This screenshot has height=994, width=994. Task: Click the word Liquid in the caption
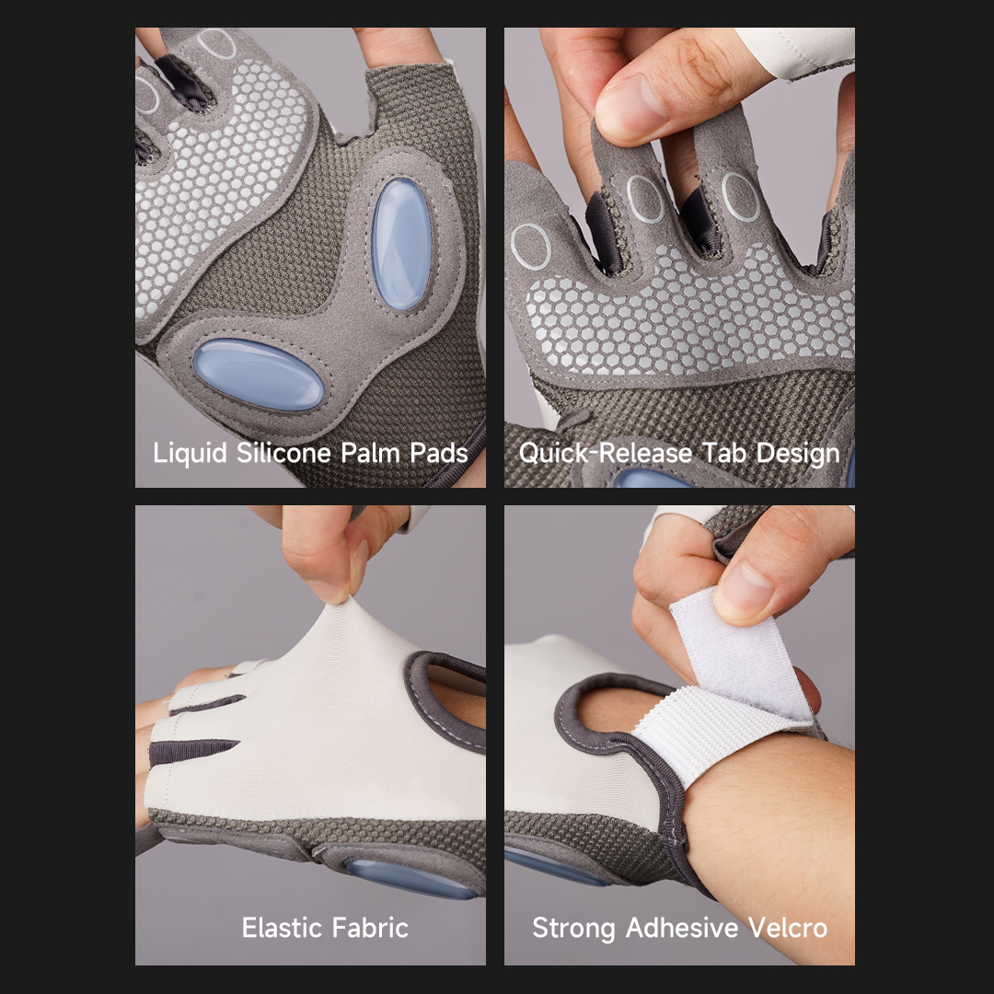coord(190,454)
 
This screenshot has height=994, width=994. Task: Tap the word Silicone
coord(283,453)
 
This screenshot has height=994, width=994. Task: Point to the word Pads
coord(439,453)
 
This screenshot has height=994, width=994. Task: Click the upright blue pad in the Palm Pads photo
coord(401,243)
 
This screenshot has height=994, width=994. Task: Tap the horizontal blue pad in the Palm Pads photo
coord(259,374)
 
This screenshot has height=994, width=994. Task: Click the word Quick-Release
coord(605,453)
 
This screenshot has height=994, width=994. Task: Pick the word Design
coord(797,454)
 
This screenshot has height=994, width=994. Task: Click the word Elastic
coord(279,928)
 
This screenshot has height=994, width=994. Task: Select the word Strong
coord(573,929)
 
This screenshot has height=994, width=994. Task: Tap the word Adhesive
coord(681,928)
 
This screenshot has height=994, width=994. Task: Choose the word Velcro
coord(788,928)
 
